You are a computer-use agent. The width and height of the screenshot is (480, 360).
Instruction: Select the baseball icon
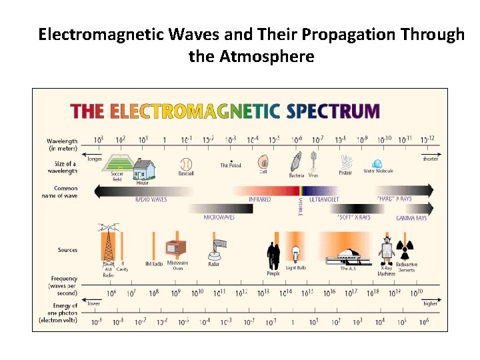click(186, 163)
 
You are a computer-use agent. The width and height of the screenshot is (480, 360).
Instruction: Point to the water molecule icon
click(377, 163)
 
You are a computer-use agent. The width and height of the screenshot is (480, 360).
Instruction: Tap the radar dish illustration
click(214, 249)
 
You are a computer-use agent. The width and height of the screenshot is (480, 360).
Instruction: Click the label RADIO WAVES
click(151, 199)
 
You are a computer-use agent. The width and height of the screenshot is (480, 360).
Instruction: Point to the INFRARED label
click(260, 199)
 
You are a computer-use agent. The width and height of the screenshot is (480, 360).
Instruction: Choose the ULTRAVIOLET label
click(324, 199)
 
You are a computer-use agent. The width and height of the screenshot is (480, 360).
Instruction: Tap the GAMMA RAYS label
click(411, 218)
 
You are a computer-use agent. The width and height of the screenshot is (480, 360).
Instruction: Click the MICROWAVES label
click(219, 218)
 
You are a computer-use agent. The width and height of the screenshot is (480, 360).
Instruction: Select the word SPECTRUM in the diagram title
click(333, 111)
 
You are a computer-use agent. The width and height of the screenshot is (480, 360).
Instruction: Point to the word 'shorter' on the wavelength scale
click(430, 159)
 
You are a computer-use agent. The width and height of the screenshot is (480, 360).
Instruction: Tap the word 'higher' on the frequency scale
click(431, 303)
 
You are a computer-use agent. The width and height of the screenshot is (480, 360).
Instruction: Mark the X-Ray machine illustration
click(386, 251)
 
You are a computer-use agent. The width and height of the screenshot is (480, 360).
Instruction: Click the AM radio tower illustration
click(107, 244)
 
